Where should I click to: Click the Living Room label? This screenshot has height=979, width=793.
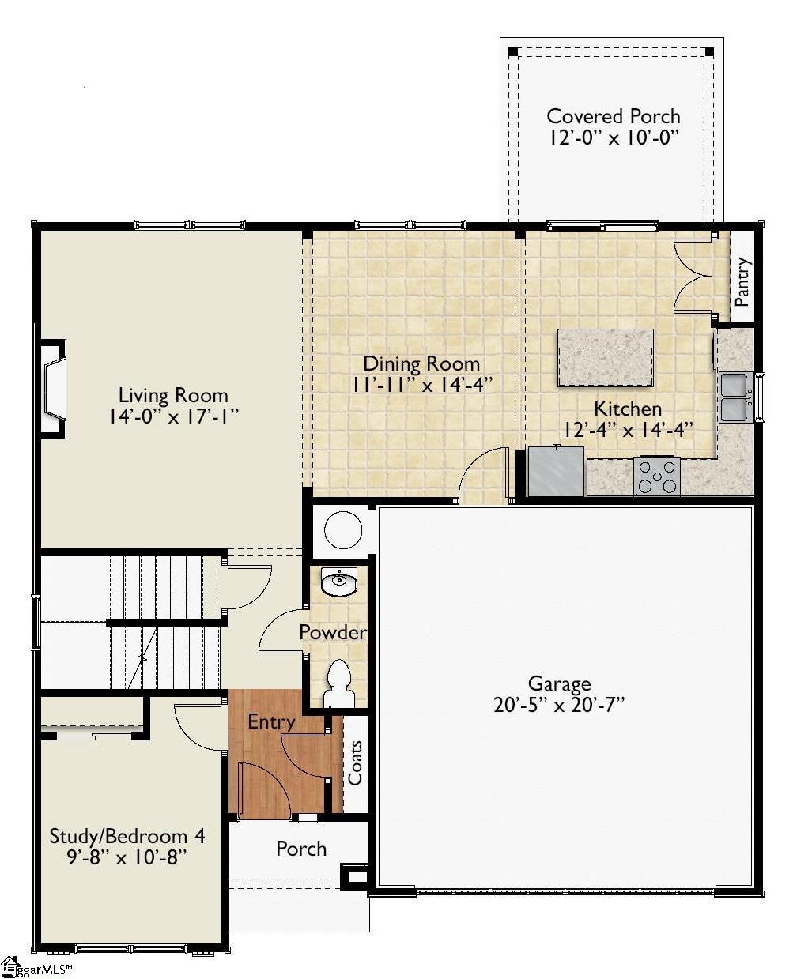point(173,395)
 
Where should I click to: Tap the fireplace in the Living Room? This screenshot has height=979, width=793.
point(54,388)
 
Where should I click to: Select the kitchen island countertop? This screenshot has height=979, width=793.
point(605,358)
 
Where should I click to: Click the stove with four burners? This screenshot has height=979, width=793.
point(657,476)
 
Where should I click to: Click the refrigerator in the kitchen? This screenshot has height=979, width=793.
point(556,472)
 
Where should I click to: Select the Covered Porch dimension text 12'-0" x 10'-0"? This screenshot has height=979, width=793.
point(614,137)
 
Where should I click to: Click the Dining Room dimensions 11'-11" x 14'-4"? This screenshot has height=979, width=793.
point(421,385)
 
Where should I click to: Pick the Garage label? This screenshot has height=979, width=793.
point(559,683)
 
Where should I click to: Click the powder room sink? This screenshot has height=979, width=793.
point(339,582)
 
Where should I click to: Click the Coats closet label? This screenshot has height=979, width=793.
point(356,762)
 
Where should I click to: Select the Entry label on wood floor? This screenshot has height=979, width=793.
point(271,721)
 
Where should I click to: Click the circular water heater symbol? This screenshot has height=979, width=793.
point(342,530)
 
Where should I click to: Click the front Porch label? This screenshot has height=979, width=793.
point(301,849)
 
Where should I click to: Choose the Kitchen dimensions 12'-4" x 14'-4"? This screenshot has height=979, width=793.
point(628,429)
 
